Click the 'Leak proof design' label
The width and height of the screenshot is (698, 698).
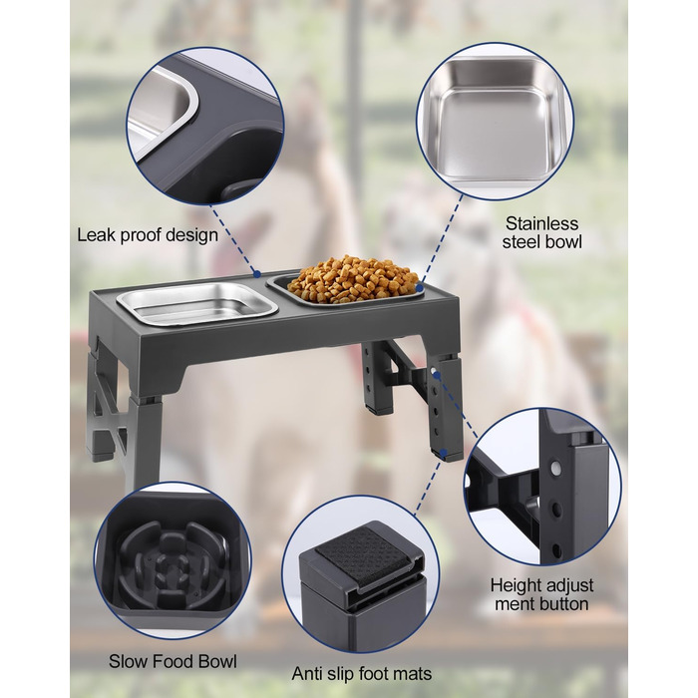coord(148,235)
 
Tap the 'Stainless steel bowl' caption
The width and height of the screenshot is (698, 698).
coord(541,232)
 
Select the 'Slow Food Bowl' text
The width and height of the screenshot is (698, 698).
coord(173,661)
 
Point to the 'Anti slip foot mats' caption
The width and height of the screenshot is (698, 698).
coord(361,674)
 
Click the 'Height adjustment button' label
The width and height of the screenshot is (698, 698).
coord(541,594)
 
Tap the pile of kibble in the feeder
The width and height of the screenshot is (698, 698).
coord(353,278)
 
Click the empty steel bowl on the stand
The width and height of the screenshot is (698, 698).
coord(197,303)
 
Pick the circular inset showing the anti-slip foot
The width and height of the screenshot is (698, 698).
coord(361,574)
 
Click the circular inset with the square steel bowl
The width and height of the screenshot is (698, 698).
coord(495,121)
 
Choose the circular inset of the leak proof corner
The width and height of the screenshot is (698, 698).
coord(204,127)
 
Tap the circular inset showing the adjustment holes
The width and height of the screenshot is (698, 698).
coord(542,487)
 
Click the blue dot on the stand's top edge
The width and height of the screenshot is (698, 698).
coord(257,274)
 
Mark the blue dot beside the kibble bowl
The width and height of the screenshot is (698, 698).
coord(419,288)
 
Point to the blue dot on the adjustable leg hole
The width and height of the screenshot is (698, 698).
coord(437,375)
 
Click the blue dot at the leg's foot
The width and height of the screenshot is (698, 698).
coord(444,453)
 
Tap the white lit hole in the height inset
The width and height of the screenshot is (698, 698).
coord(555,468)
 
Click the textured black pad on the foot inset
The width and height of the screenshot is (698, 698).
coord(362,552)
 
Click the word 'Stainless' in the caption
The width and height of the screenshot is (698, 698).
coord(541,223)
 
